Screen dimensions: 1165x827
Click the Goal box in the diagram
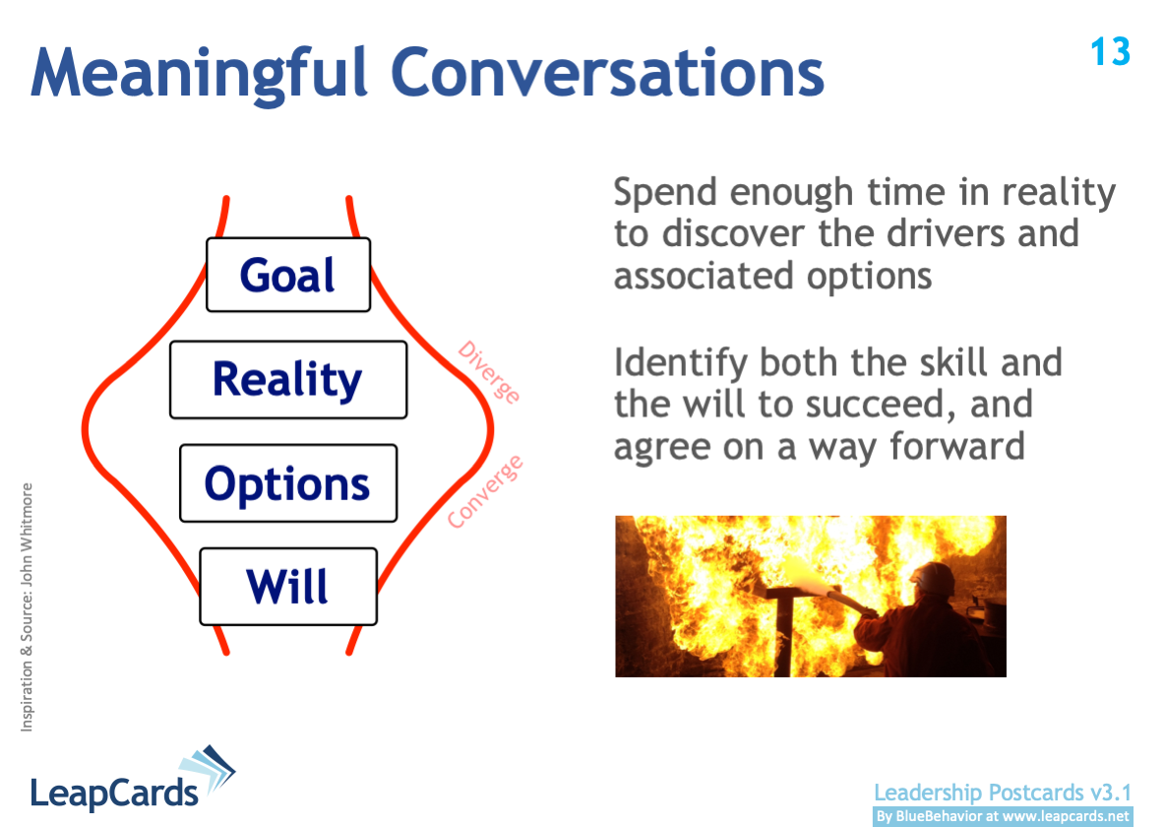click(288, 275)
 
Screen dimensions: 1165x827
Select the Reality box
click(288, 379)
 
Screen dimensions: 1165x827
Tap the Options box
click(288, 483)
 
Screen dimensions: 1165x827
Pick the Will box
click(288, 586)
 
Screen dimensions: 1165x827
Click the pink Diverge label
click(489, 372)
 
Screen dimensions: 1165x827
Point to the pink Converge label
click(485, 491)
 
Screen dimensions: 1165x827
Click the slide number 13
click(1111, 52)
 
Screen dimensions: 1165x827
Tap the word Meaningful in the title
click(199, 73)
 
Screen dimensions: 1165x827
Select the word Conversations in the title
click(607, 72)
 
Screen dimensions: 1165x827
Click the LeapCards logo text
click(114, 793)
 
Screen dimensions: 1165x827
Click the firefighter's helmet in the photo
click(933, 579)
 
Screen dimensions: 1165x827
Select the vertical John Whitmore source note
click(27, 606)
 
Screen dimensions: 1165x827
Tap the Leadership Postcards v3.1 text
click(1003, 793)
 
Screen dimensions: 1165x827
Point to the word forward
click(957, 446)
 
